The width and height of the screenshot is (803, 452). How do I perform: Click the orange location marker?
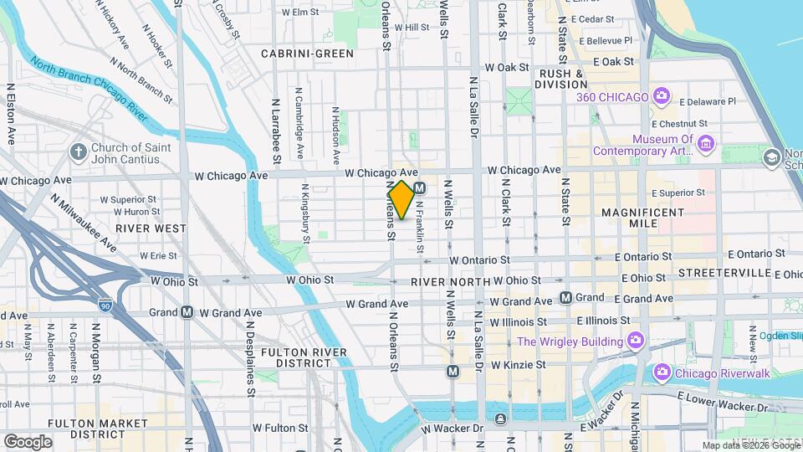point(401,199)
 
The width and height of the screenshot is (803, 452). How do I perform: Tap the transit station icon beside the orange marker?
point(420,188)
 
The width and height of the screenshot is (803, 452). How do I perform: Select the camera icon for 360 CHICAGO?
point(661,96)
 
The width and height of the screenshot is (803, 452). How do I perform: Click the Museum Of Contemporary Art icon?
point(705,144)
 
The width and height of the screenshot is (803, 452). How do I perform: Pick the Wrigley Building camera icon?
point(636,341)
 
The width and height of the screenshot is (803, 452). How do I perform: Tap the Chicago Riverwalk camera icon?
point(662,372)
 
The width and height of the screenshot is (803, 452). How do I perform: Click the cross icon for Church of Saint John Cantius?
point(78,152)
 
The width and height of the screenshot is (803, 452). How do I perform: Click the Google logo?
point(28,441)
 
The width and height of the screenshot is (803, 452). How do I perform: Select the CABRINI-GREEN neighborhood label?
point(307,54)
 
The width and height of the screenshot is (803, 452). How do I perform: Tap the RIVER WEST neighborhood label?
point(151,228)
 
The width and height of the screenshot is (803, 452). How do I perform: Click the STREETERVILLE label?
point(724,273)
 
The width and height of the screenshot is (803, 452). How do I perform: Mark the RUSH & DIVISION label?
point(561,79)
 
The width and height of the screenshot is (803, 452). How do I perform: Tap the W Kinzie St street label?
point(518,365)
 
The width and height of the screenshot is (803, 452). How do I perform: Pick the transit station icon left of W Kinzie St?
point(453,371)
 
